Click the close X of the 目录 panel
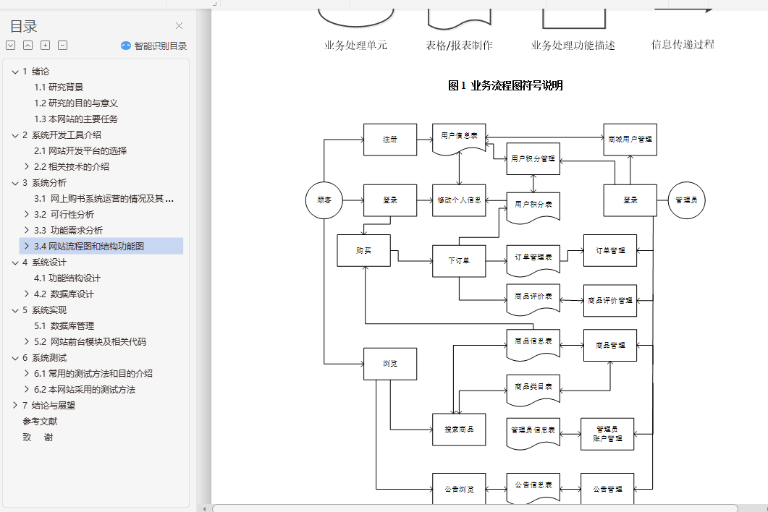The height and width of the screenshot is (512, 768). tap(179, 26)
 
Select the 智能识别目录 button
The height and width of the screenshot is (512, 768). tap(153, 46)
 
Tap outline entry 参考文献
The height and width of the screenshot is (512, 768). tap(40, 421)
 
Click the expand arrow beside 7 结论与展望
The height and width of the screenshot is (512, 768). tap(15, 405)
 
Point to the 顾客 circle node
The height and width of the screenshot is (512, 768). tap(324, 200)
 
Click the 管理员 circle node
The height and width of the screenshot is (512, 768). tap(686, 200)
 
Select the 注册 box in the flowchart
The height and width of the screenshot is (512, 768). tap(390, 140)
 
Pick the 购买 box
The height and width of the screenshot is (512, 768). tap(363, 250)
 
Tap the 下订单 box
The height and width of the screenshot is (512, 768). tap(459, 261)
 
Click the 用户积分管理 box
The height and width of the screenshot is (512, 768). tap(533, 158)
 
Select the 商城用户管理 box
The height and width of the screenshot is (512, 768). tap(630, 140)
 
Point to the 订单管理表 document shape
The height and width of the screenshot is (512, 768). tap(533, 258)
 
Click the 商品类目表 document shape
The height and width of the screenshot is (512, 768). tap(533, 388)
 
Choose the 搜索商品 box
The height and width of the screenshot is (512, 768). tap(459, 430)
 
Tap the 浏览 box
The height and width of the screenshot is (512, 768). tap(390, 364)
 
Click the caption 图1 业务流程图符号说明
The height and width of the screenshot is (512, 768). tap(505, 86)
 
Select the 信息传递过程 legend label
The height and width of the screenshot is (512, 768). tap(683, 44)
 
